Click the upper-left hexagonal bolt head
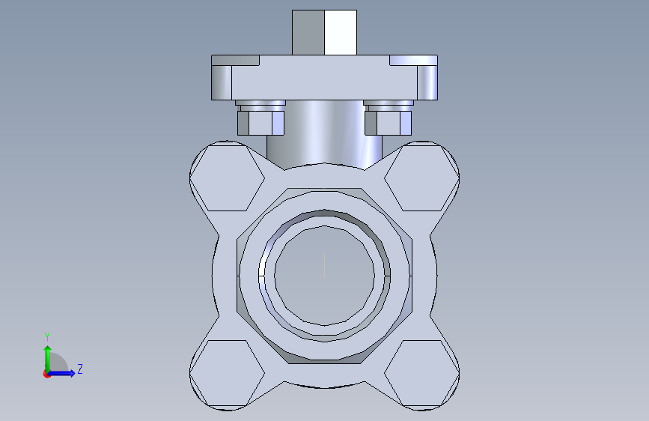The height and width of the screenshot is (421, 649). [x=227, y=178]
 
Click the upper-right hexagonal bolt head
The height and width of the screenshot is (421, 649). [x=421, y=178]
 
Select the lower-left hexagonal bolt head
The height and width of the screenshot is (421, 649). [x=227, y=373]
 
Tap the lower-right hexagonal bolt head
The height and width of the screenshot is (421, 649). [x=421, y=373]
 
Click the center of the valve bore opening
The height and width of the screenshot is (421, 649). [x=325, y=276]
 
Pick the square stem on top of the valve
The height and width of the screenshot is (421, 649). [x=325, y=32]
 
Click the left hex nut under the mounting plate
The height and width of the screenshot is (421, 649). [x=260, y=123]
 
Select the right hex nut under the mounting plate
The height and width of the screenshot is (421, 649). [x=389, y=123]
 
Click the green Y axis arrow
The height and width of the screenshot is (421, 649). [x=48, y=360]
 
